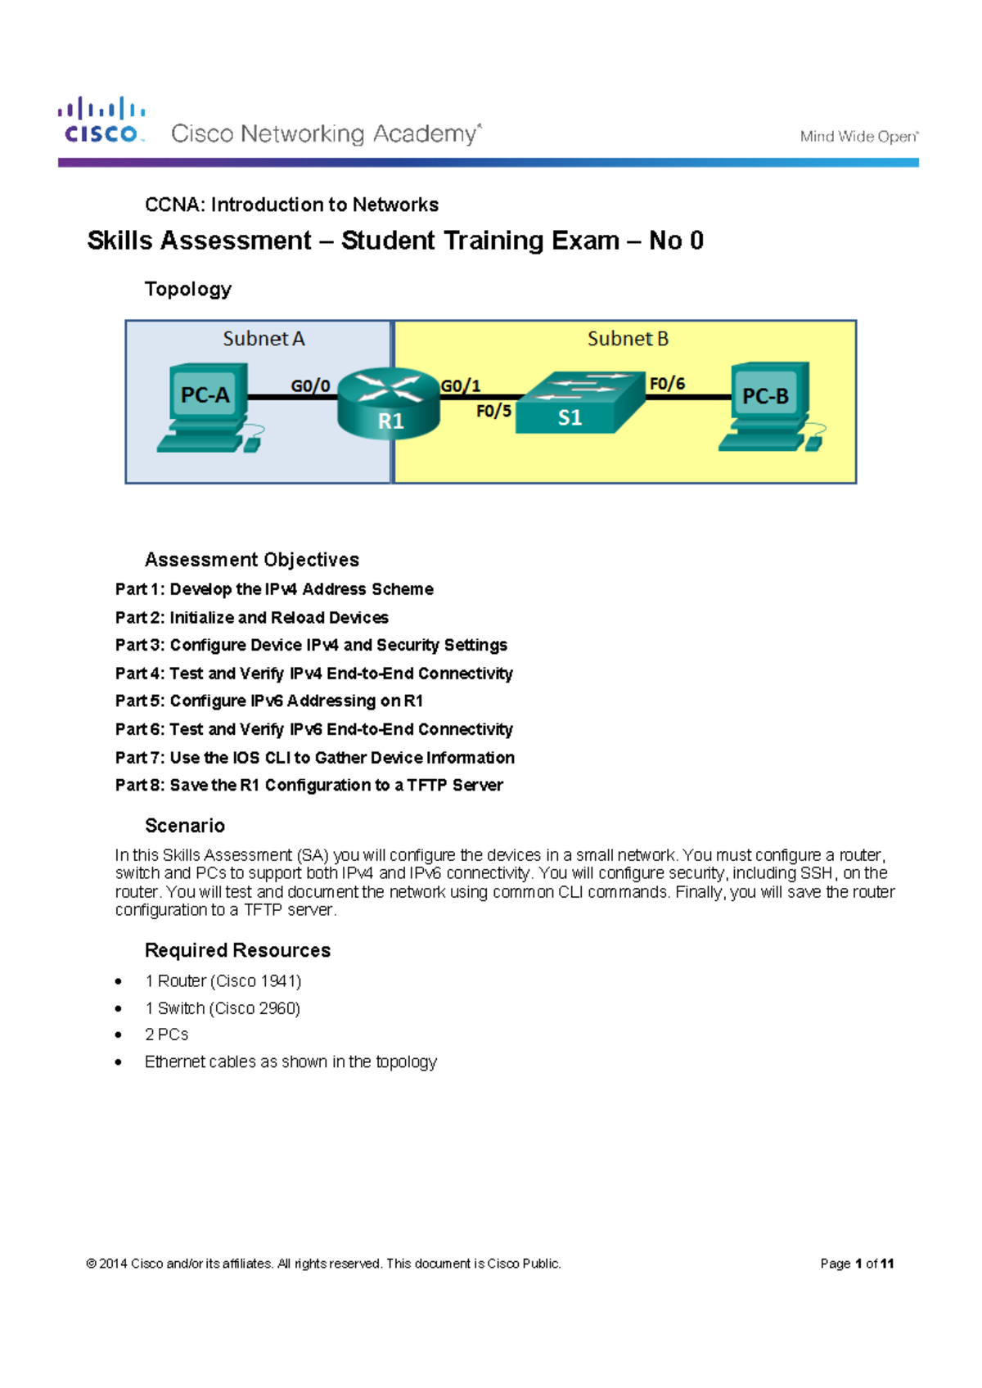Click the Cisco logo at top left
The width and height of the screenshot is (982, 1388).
[101, 121]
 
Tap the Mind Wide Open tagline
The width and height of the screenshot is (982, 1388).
[858, 137]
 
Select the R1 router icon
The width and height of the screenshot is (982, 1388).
[389, 402]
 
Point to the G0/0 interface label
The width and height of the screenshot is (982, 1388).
[311, 385]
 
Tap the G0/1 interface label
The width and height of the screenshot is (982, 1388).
[461, 385]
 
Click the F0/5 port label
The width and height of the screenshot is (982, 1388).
[493, 411]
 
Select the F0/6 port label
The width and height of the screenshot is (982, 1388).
[667, 383]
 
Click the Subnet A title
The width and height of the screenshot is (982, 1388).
[264, 339]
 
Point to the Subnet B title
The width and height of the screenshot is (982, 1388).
[628, 339]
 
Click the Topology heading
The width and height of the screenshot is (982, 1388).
[188, 289]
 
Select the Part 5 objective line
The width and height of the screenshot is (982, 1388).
[269, 701]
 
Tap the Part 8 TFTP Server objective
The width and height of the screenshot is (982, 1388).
[309, 786]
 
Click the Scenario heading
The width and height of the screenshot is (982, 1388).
[185, 826]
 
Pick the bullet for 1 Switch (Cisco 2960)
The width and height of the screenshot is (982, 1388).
[119, 1009]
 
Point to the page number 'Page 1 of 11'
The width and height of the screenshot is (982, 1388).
[857, 1264]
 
